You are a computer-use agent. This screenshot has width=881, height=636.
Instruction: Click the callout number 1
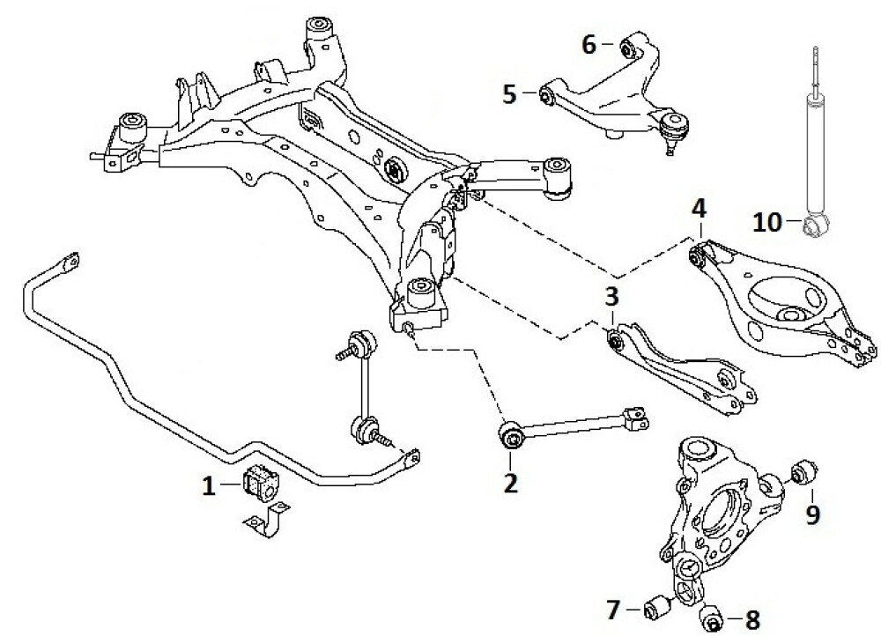209,484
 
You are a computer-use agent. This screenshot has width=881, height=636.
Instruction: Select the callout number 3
611,298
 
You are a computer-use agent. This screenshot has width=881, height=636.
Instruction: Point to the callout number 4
699,211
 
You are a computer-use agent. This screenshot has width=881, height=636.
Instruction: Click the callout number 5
510,93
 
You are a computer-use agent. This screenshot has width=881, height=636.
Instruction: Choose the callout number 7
613,607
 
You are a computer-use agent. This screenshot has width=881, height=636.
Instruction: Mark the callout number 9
812,513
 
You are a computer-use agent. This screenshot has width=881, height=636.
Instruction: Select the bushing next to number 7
657,608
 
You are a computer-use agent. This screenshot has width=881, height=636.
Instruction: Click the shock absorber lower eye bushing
815,227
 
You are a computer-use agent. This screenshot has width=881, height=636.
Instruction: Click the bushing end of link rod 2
511,435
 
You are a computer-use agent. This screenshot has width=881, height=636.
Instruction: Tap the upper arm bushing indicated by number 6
630,46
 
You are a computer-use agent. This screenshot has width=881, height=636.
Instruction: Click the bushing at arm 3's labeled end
618,337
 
